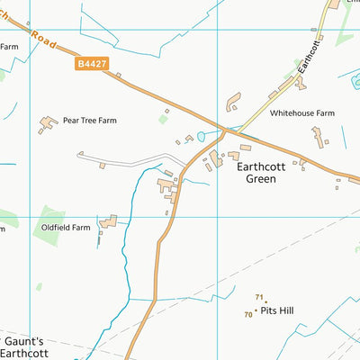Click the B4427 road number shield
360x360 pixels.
tap(91, 65)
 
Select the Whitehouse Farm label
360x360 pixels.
tap(302, 114)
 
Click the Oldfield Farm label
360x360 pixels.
tap(66, 228)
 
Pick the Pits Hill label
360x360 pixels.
tap(277, 310)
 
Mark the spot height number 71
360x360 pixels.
tap(259, 297)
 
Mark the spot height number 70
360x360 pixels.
tap(248, 315)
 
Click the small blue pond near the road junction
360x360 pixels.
tap(201, 138)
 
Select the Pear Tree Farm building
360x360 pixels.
tap(47, 124)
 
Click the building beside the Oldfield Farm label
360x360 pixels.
tap(109, 220)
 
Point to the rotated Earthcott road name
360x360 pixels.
tap(309, 59)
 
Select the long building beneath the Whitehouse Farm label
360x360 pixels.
tap(318, 137)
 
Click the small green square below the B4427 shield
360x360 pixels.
tap(163, 118)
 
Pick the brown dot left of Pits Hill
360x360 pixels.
tap(256, 311)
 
